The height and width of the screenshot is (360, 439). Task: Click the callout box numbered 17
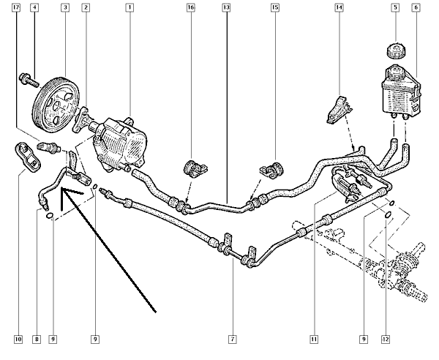point(16,8)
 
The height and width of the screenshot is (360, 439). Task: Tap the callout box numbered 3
point(65,8)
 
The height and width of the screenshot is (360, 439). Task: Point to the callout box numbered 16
point(190,8)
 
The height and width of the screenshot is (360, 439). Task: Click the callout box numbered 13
point(226,8)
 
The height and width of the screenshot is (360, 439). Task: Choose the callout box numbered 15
point(275,8)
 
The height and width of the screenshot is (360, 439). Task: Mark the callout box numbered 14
point(339,8)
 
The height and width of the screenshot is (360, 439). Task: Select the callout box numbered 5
point(395,8)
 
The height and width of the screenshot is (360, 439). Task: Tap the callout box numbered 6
point(416,8)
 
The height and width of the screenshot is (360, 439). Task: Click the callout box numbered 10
point(18,339)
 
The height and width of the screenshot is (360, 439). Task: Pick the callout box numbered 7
point(232,339)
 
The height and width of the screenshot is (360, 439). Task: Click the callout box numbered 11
point(313,339)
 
